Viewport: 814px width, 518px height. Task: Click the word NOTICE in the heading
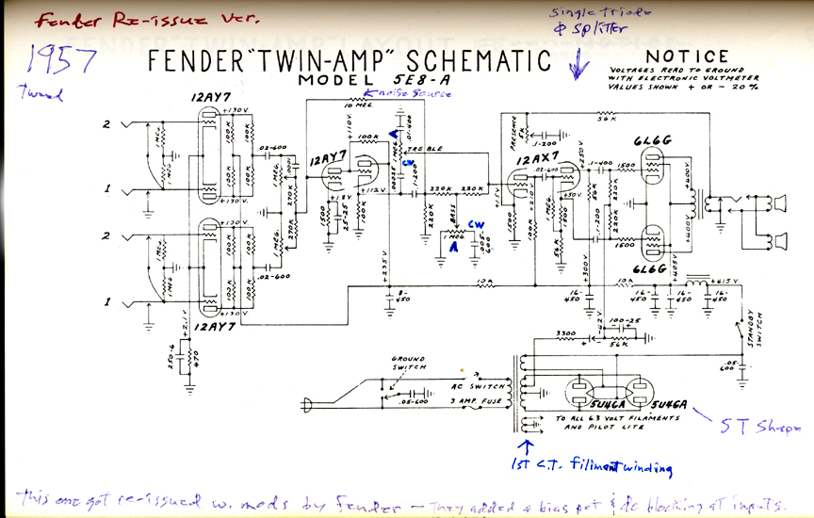pos(689,57)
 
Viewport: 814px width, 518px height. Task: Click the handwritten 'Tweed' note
pos(34,92)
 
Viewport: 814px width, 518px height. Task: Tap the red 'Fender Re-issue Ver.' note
pos(82,18)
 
